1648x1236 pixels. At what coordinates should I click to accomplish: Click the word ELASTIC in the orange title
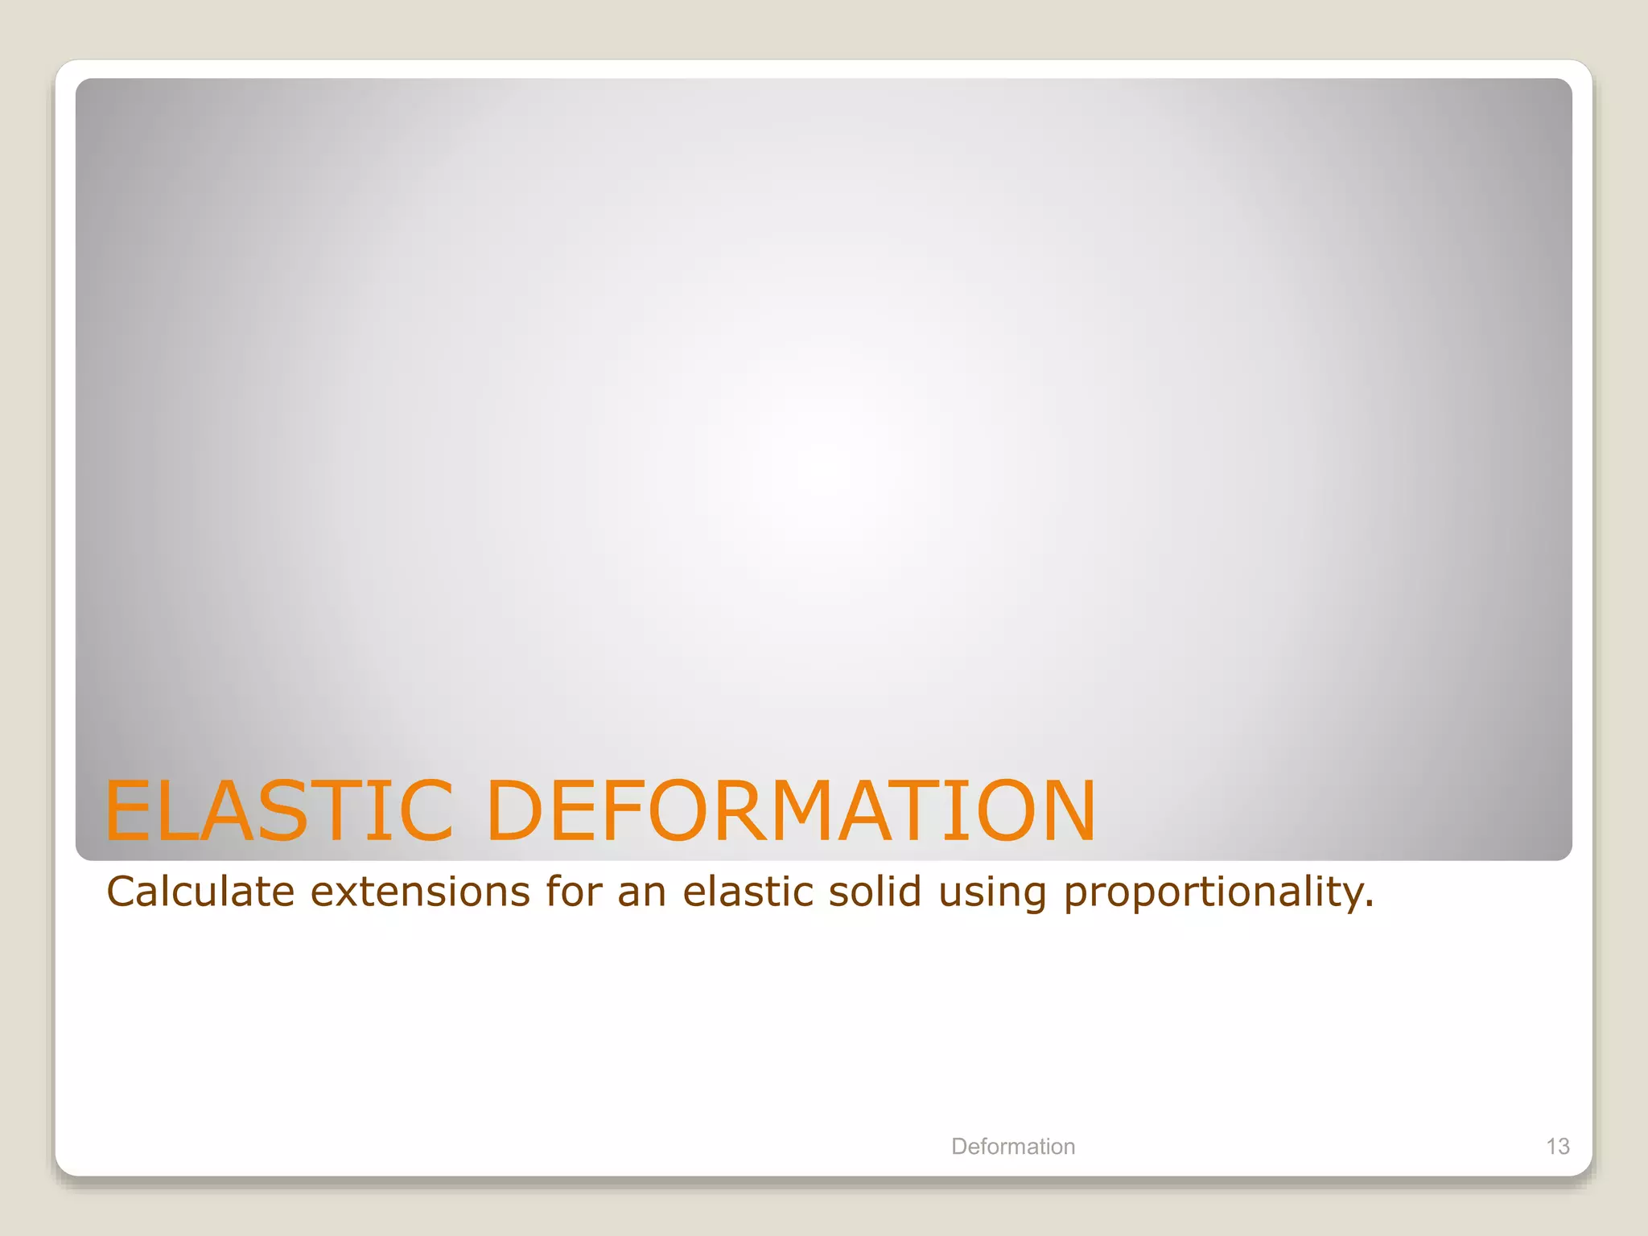tap(278, 810)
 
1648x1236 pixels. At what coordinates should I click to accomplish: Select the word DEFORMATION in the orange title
tap(791, 810)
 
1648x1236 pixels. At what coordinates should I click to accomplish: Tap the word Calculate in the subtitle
tap(201, 892)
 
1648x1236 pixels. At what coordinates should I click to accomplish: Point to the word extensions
tap(420, 892)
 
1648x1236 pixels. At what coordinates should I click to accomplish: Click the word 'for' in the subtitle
tap(574, 892)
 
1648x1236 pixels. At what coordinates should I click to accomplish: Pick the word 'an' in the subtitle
tap(641, 892)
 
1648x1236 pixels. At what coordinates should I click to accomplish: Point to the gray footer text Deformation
tap(1013, 1146)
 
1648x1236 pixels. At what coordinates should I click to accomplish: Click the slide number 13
tap(1558, 1146)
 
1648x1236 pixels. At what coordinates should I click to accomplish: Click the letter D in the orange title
tap(517, 810)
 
